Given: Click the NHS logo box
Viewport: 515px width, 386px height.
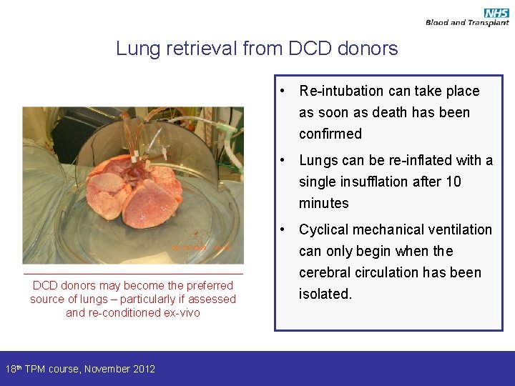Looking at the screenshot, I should pyautogui.click(x=496, y=13).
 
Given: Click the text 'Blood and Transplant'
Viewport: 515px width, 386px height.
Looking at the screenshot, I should pyautogui.click(x=467, y=23).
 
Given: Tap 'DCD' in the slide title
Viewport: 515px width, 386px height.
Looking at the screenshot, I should pyautogui.click(x=313, y=49).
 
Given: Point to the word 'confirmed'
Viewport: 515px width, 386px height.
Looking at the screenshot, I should pyautogui.click(x=330, y=134).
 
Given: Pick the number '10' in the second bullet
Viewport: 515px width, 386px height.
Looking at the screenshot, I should pyautogui.click(x=453, y=182).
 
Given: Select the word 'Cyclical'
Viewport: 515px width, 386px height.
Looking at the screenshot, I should pyautogui.click(x=323, y=229).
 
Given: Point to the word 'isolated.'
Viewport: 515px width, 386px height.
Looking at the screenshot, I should pyautogui.click(x=325, y=294).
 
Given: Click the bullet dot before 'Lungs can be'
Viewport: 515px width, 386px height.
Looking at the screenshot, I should pyautogui.click(x=285, y=160).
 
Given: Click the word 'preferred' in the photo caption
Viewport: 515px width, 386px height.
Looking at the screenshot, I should pyautogui.click(x=209, y=285).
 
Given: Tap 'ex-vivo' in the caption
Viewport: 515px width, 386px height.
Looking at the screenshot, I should pyautogui.click(x=182, y=312).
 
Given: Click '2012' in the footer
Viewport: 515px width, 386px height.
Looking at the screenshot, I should pyautogui.click(x=143, y=369).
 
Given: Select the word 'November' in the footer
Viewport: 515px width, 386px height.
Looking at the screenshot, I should pyautogui.click(x=107, y=369).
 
